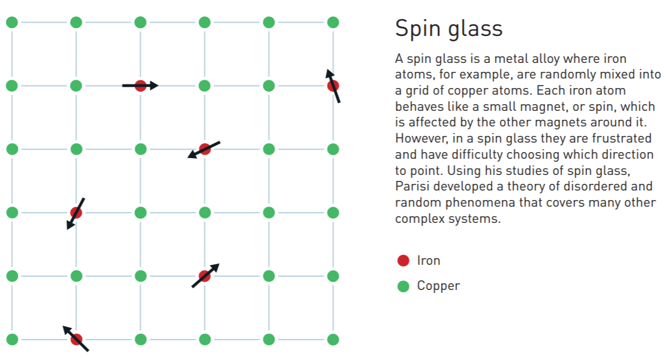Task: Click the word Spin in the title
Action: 416,29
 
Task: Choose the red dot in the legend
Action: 403,261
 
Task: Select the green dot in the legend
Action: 403,286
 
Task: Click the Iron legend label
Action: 428,261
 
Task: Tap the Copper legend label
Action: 439,286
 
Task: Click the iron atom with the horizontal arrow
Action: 140,86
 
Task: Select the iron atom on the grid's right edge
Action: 333,86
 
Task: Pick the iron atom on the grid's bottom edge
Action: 76,340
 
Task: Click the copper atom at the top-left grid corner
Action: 12,23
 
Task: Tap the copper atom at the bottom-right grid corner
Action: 333,340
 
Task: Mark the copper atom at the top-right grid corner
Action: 333,23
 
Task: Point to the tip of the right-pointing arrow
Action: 157,86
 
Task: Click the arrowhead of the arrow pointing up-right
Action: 217,265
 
